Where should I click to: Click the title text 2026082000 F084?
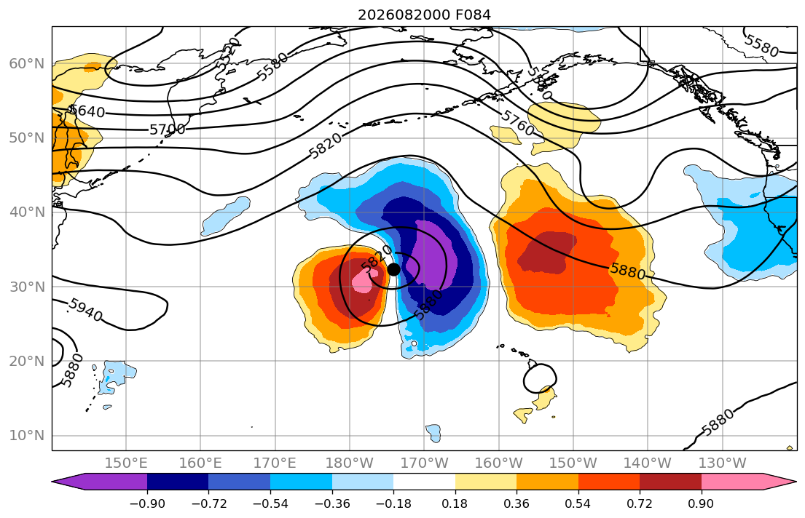424,15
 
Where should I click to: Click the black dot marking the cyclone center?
394,269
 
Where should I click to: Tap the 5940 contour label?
86,309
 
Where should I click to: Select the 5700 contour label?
168,129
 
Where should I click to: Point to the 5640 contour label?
87,111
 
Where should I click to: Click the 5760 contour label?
517,123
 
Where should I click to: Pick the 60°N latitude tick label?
27,63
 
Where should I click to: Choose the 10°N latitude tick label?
27,436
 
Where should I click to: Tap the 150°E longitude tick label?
126,463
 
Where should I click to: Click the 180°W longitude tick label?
350,463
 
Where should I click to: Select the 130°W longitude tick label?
723,463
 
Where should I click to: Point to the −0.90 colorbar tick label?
147,503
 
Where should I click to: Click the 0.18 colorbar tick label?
455,503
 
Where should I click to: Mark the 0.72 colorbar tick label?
640,503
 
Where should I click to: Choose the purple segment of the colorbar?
102,482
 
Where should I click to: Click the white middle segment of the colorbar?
424,482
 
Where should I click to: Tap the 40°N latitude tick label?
27,212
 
